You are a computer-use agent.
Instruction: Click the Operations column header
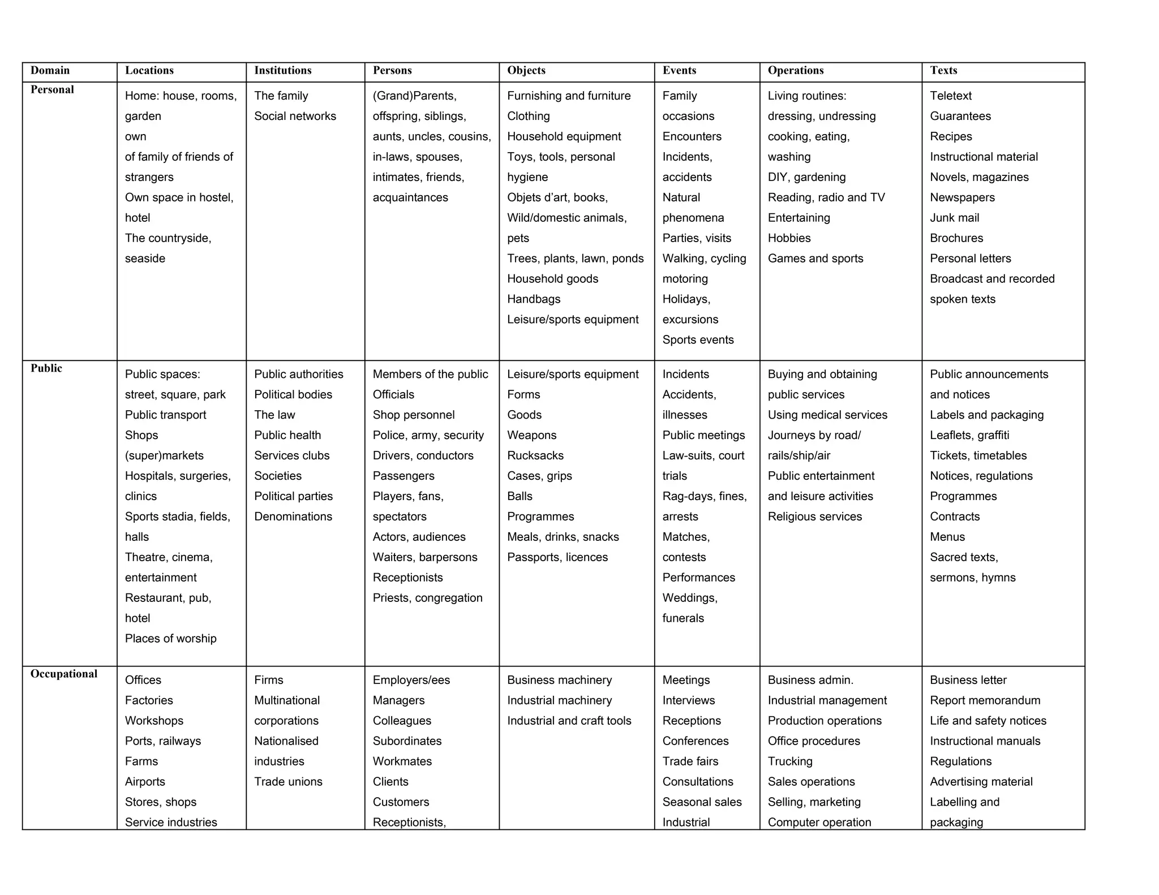pyautogui.click(x=795, y=71)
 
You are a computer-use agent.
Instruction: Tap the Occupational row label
pyautogui.click(x=64, y=674)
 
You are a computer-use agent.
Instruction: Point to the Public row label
pyautogui.click(x=46, y=368)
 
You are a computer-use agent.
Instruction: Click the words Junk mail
pyautogui.click(x=954, y=218)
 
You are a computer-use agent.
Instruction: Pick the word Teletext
pyautogui.click(x=951, y=96)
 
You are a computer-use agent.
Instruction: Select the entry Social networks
pyautogui.click(x=295, y=116)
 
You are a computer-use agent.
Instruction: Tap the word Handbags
pyautogui.click(x=534, y=299)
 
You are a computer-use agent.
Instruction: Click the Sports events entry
pyautogui.click(x=698, y=340)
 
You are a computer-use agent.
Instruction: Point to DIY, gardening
pyautogui.click(x=806, y=177)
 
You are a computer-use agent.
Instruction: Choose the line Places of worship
pyautogui.click(x=170, y=639)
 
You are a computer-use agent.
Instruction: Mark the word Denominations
pyautogui.click(x=293, y=517)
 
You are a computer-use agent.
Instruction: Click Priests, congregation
pyautogui.click(x=427, y=598)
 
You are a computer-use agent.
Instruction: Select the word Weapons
pyautogui.click(x=531, y=435)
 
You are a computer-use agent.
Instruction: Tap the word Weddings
pyautogui.click(x=689, y=598)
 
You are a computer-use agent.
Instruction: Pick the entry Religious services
pyautogui.click(x=814, y=517)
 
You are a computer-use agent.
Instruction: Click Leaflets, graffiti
pyautogui.click(x=969, y=435)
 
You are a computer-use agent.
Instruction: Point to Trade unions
pyautogui.click(x=288, y=782)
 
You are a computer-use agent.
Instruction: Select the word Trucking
pyautogui.click(x=790, y=761)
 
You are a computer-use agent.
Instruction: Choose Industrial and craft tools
pyautogui.click(x=569, y=721)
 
